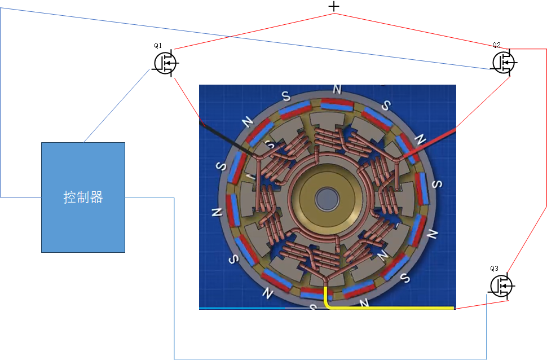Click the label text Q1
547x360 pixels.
pos(158,45)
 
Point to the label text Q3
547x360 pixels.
pos(495,268)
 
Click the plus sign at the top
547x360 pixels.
pos(334,6)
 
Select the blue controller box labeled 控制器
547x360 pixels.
pos(83,197)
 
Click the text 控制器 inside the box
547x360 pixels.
pos(83,197)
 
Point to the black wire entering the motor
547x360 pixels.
pos(226,138)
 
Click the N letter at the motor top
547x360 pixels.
pos(337,90)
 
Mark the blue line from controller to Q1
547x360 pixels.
pos(117,106)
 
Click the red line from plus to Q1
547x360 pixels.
pos(254,32)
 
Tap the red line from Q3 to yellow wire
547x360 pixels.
pos(482,305)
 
